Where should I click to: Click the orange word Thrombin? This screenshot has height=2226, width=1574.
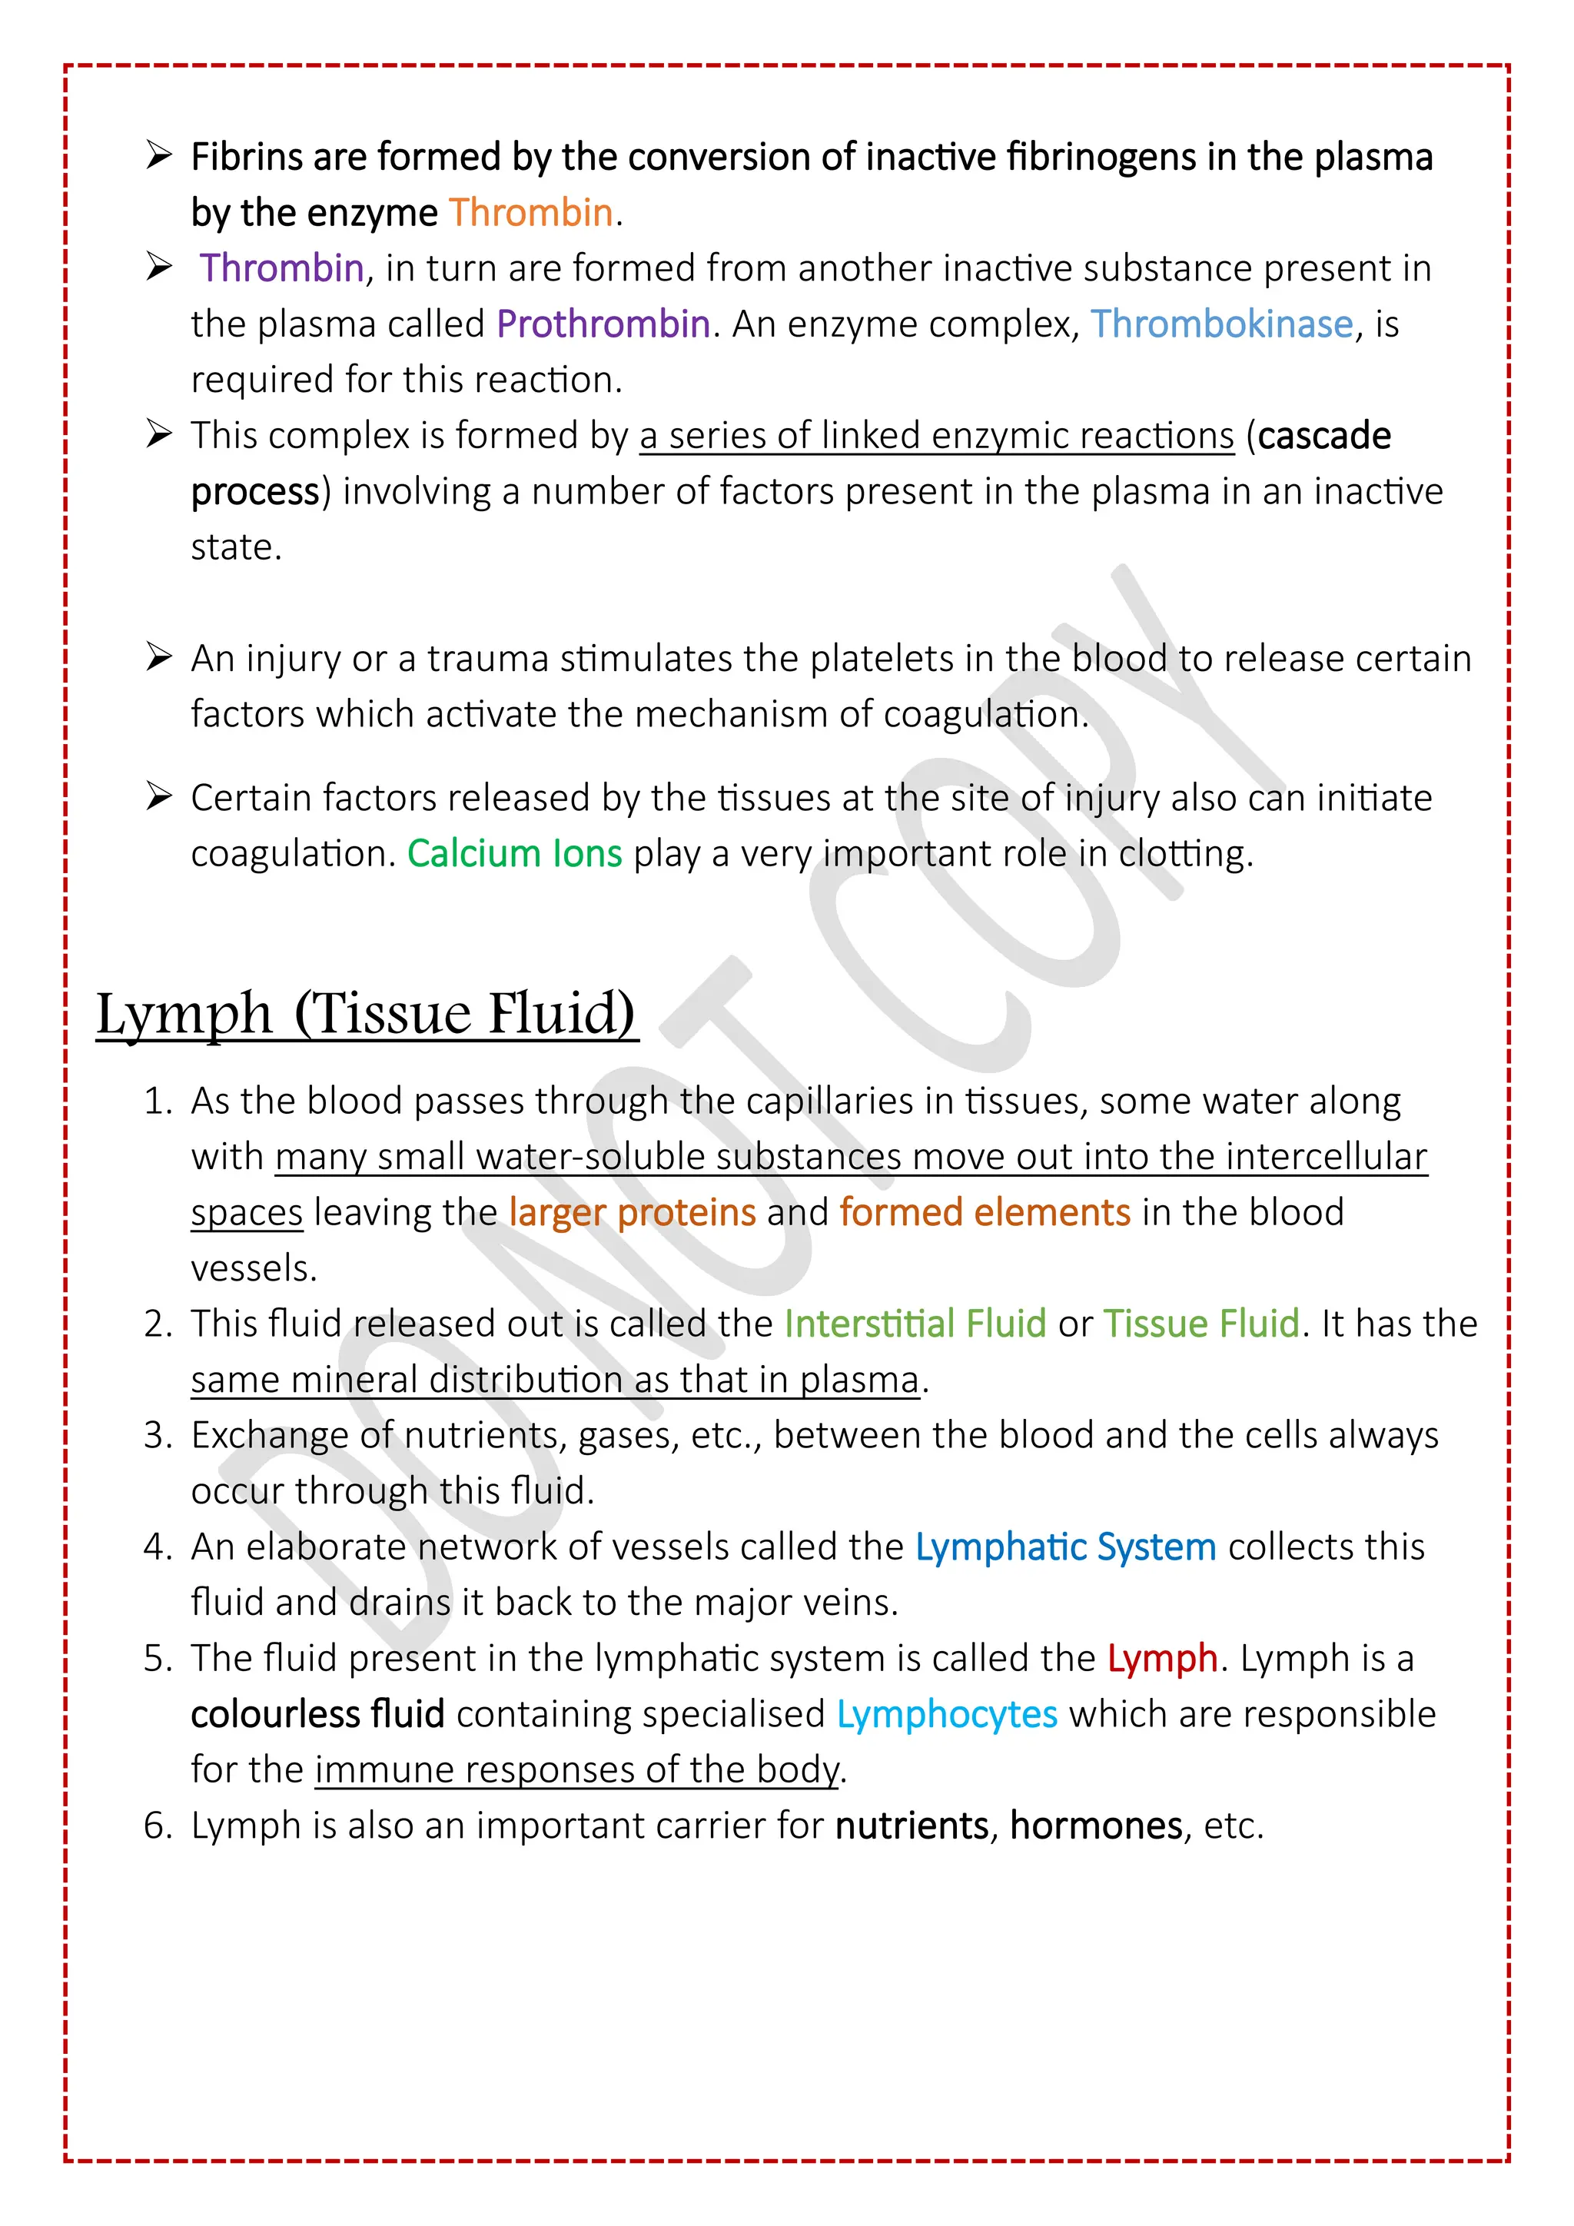(530, 212)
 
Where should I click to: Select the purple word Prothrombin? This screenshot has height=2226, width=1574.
(603, 324)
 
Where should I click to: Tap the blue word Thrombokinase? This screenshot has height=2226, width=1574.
(1221, 324)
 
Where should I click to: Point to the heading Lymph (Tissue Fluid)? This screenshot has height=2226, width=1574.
(367, 1014)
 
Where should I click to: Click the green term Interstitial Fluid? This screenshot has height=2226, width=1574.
(915, 1324)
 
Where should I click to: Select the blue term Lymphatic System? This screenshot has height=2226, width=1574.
(1065, 1547)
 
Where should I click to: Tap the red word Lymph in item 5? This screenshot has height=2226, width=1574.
(1162, 1658)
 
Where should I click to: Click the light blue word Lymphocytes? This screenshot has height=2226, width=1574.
(947, 1714)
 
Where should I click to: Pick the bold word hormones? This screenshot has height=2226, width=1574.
(1096, 1826)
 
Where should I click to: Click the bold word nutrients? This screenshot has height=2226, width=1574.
(911, 1826)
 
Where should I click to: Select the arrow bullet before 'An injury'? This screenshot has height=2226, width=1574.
(159, 656)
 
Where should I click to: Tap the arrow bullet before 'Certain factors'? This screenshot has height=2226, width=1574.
(159, 796)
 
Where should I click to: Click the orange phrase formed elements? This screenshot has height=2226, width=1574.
(985, 1212)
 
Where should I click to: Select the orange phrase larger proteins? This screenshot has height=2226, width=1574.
(632, 1212)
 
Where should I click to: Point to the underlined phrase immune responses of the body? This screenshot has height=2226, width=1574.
(576, 1769)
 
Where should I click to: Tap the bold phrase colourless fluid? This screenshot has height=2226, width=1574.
(317, 1714)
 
